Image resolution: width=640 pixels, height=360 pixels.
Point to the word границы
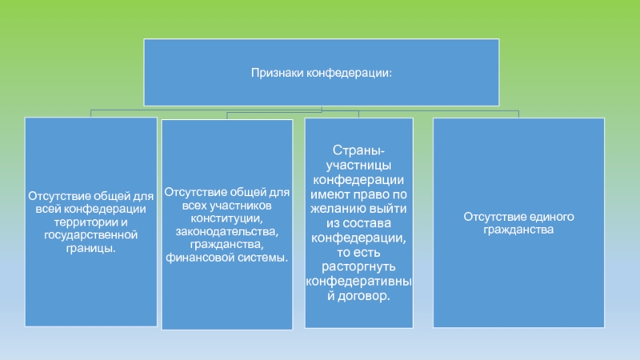pyautogui.click(x=91, y=249)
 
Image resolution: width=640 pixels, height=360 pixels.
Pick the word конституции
pyautogui.click(x=227, y=218)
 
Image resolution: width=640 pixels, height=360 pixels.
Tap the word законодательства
pyautogui.click(x=226, y=232)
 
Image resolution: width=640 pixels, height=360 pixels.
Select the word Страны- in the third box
pyautogui.click(x=358, y=151)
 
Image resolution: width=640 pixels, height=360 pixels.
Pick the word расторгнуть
pyautogui.click(x=358, y=266)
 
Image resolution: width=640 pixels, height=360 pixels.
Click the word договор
pyautogui.click(x=369, y=295)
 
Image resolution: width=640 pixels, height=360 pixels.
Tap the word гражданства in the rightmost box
pyautogui.click(x=518, y=230)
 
